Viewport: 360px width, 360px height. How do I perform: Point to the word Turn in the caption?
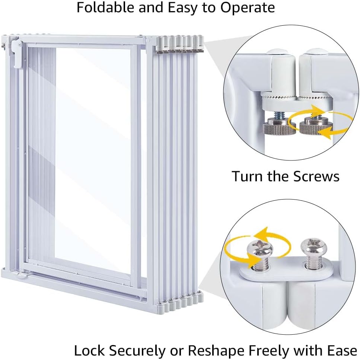247,176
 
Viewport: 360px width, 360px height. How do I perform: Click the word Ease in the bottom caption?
342,351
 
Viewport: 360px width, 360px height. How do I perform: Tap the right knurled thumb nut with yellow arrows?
316,127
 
